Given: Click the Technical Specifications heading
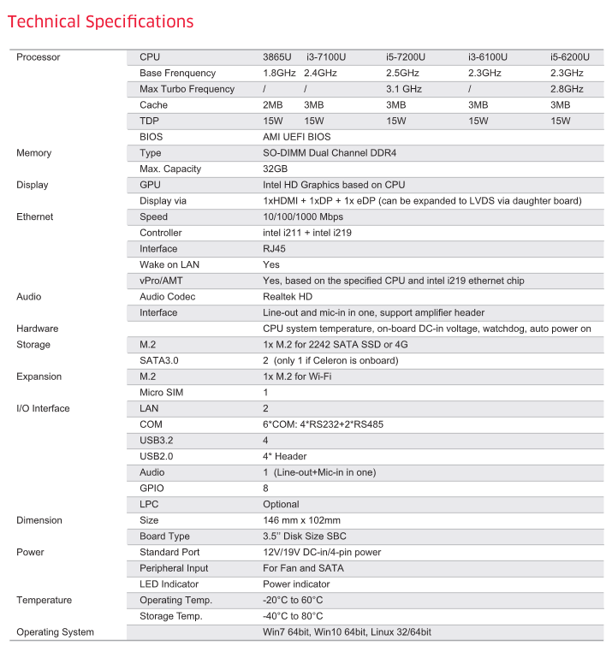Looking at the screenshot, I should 100,21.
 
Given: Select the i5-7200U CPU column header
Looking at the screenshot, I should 406,57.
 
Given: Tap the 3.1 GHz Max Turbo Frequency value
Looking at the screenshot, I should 403,89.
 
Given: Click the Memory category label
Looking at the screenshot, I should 34,153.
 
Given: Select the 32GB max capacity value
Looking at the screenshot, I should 275,169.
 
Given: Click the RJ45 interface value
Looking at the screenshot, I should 274,249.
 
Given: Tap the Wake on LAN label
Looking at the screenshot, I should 169,265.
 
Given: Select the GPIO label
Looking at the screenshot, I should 152,489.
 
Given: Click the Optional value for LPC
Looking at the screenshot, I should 281,505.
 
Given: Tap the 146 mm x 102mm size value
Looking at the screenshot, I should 301,520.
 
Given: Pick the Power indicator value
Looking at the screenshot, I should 295,584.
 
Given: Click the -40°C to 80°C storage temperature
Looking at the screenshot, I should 293,616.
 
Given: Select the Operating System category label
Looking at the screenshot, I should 56,632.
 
